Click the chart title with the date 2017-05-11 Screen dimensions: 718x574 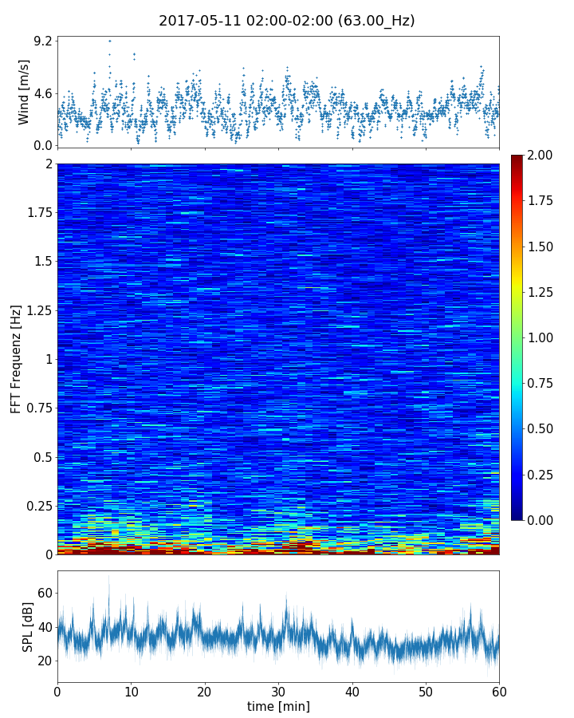point(286,21)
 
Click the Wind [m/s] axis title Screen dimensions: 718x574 point(24,92)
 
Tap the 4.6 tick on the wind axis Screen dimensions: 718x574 point(43,93)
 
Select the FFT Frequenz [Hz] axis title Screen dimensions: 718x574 point(16,358)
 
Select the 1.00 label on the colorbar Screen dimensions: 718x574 point(541,337)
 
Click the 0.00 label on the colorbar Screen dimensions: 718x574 point(541,520)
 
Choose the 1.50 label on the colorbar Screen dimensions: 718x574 point(541,247)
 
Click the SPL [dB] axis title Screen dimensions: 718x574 point(28,626)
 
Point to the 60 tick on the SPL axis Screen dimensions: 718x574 point(45,593)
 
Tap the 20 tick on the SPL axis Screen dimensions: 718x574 point(45,661)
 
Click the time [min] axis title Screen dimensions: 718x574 point(278,706)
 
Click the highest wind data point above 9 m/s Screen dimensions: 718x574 point(110,41)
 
